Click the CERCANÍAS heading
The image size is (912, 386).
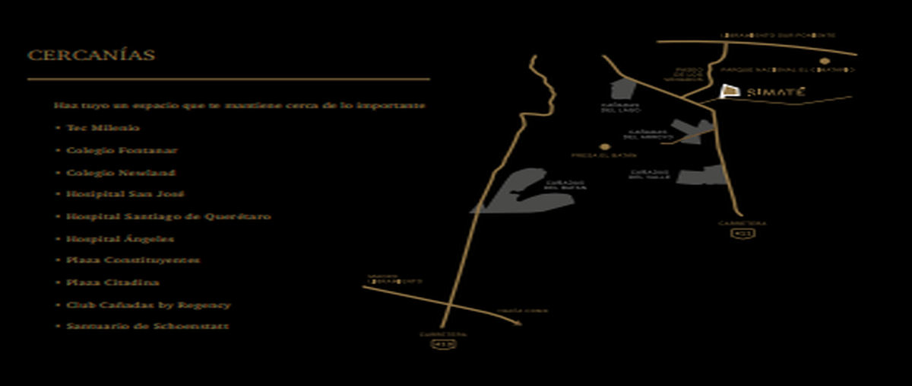pyautogui.click(x=91, y=56)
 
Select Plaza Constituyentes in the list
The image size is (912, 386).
pyautogui.click(x=133, y=260)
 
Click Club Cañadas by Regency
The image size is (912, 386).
pyautogui.click(x=148, y=305)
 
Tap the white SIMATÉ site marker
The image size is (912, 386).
pyautogui.click(x=729, y=91)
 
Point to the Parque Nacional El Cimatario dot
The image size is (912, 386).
pyautogui.click(x=824, y=60)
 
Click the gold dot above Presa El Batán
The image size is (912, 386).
pyautogui.click(x=604, y=146)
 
